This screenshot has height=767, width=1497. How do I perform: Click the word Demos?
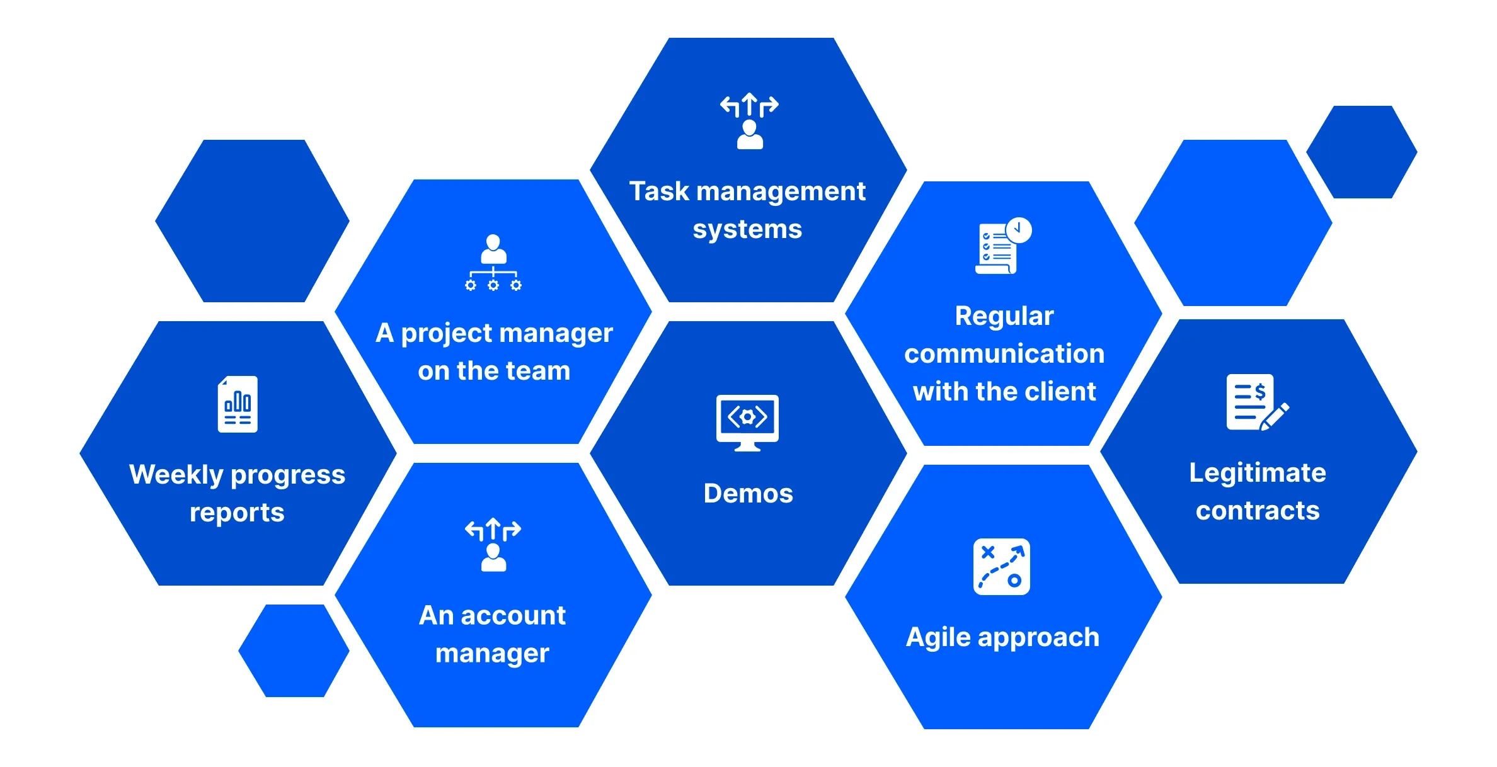[748, 493]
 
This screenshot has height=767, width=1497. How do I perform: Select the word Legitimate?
[1257, 473]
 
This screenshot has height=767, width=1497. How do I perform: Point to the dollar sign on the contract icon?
[1260, 392]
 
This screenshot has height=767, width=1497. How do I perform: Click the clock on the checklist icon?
[1018, 230]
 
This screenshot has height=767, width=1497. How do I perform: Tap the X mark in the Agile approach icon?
[988, 553]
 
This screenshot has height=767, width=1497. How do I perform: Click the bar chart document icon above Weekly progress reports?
[238, 404]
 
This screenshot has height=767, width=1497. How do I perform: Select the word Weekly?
[176, 475]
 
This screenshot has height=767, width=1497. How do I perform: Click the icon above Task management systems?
[749, 121]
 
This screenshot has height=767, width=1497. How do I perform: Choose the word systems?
[747, 229]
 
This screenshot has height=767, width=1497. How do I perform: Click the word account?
[513, 615]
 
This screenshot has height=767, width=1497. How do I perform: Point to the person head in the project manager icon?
[493, 242]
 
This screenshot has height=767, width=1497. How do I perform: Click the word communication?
[1004, 354]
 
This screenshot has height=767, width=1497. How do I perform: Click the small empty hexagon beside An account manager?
[294, 651]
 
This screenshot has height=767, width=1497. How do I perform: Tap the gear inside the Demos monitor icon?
[747, 417]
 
